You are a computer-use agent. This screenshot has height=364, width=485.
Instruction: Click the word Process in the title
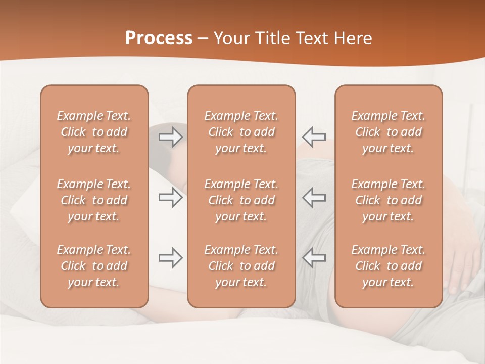[x=159, y=38]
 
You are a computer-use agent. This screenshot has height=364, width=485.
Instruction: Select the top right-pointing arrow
[x=171, y=136]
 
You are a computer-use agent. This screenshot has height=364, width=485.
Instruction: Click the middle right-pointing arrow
[x=171, y=197]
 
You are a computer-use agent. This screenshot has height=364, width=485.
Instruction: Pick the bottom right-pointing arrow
[x=171, y=258]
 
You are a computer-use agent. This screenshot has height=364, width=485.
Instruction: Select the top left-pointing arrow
[x=314, y=136]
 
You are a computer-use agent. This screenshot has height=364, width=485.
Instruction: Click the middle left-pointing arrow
[x=314, y=197]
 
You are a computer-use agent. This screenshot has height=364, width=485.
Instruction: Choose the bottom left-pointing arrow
[x=314, y=258]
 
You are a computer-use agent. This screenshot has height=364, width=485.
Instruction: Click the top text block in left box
[x=94, y=132]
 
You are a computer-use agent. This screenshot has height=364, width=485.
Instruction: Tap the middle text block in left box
[x=94, y=200]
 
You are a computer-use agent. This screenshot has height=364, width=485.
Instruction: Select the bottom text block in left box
[x=94, y=266]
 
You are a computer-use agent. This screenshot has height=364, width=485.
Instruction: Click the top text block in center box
[x=241, y=132]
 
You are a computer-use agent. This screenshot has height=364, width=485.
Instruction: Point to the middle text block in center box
[x=241, y=200]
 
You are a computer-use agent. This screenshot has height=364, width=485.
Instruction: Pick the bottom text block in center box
[x=241, y=266]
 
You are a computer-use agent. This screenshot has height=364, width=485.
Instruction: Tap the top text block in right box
[x=388, y=132]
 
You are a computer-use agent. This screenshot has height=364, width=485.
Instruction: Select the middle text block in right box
[x=388, y=200]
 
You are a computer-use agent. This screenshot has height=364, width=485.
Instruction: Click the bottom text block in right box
[x=388, y=266]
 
